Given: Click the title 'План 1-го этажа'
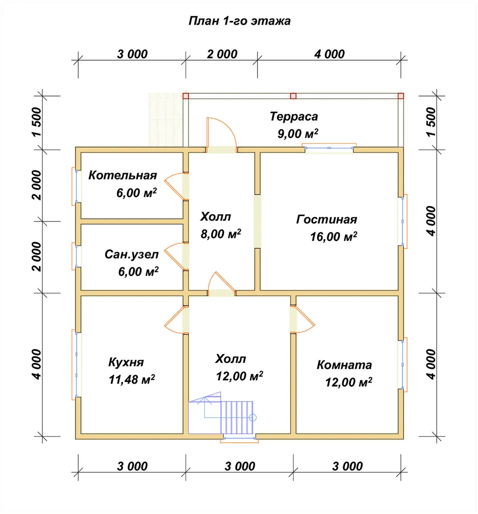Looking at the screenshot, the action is click(239, 21).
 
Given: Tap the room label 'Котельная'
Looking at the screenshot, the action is click(123, 175).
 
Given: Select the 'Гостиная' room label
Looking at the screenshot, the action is click(327, 220).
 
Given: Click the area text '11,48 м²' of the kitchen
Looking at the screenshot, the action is click(132, 379).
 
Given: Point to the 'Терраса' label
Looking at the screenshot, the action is click(294, 116).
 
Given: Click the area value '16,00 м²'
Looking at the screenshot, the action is click(333, 236).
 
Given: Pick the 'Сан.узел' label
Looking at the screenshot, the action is click(131, 255).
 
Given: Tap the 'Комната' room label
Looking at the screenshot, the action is click(344, 365).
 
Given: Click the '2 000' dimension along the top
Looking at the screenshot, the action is click(222, 54).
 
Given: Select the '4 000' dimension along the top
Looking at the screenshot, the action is click(329, 54).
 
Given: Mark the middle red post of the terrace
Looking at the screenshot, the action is click(293, 96).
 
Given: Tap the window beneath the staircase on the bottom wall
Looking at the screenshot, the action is click(239, 438).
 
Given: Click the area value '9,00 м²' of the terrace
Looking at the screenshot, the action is click(298, 134).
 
